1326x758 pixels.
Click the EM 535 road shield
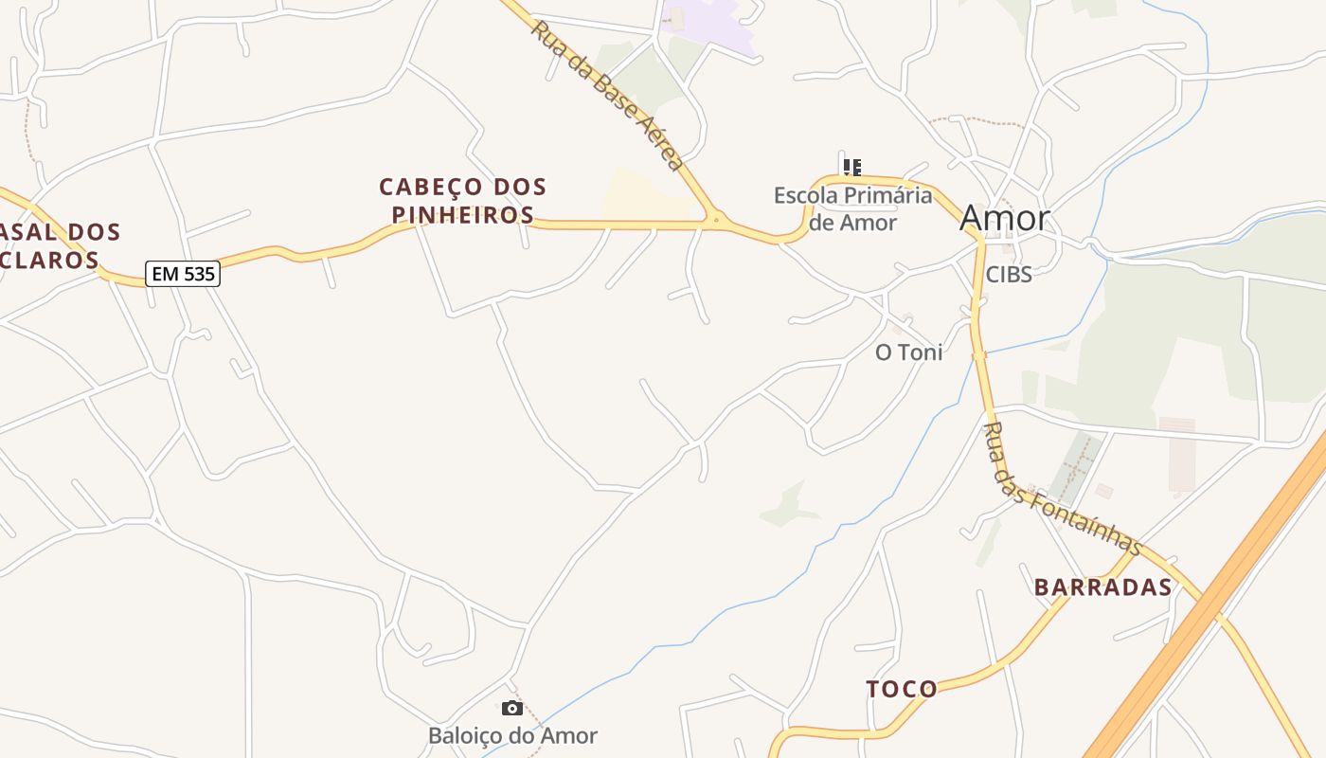tap(183, 275)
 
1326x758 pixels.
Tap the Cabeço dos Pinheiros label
tap(463, 200)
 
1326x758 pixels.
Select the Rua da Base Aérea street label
tap(606, 96)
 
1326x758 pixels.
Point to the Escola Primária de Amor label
tap(852, 208)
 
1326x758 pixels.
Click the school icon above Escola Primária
tap(852, 168)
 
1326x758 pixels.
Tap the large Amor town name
tap(1005, 218)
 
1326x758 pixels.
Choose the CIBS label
tap(1008, 274)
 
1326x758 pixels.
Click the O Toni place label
tap(908, 352)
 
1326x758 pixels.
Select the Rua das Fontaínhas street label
tap(1061, 489)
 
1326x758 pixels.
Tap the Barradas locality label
tap(1102, 587)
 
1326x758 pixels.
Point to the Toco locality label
tap(902, 689)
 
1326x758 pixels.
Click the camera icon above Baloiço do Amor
tap(512, 708)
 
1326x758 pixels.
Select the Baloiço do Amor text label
tap(512, 735)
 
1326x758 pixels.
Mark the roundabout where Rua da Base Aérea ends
tap(716, 221)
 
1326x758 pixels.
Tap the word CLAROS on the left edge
tap(55, 260)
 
